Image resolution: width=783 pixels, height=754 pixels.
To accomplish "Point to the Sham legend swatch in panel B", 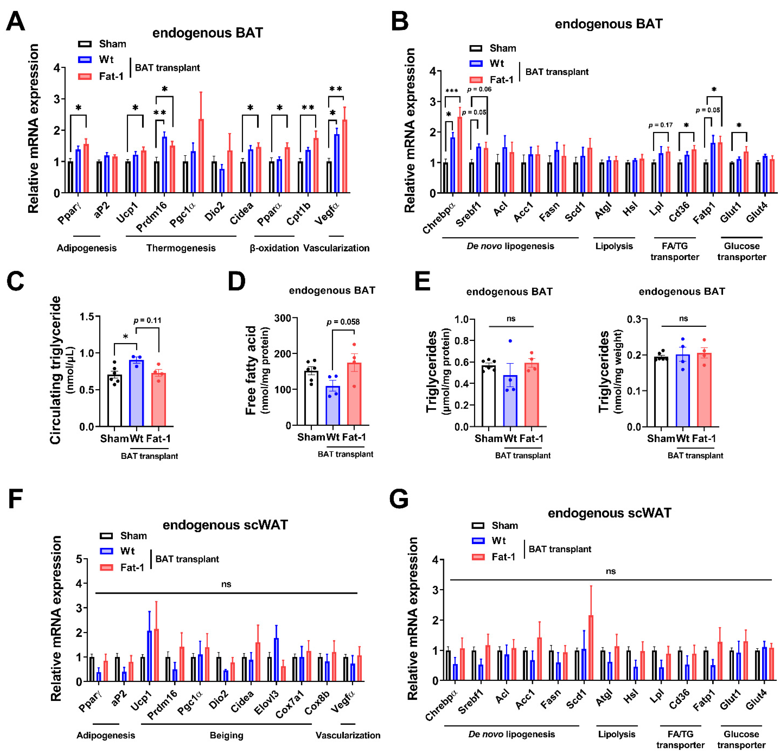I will tap(476, 48).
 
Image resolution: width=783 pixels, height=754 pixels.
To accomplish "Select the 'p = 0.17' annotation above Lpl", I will tap(661, 125).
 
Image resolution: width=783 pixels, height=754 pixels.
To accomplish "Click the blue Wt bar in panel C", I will tap(137, 393).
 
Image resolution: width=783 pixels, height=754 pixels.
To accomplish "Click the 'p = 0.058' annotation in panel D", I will tap(343, 322).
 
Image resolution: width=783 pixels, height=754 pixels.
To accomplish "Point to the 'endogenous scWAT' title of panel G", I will tap(609, 513).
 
